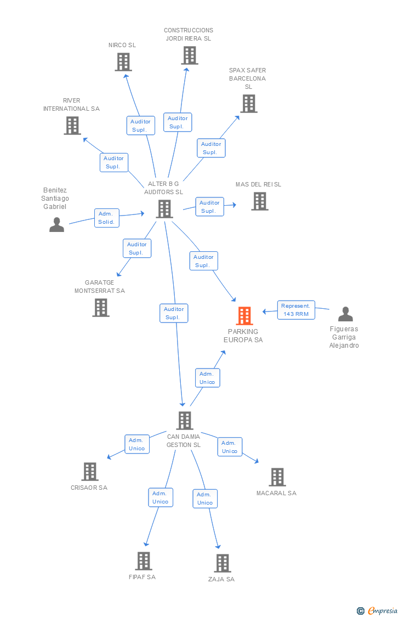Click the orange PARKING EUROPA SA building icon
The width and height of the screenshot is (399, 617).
pos(244,315)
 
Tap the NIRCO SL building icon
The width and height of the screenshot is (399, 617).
pos(123,62)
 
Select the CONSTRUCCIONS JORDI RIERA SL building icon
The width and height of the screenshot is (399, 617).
pos(190,55)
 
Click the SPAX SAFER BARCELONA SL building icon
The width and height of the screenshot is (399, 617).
pos(249,104)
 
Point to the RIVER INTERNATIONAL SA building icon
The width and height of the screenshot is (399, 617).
pos(72,126)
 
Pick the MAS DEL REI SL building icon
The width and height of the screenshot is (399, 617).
pos(260,201)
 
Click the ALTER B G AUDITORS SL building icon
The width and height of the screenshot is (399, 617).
pos(164,209)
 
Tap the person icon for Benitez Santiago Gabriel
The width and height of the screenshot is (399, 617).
pos(56,225)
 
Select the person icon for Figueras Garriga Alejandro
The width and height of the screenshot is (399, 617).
pos(345,314)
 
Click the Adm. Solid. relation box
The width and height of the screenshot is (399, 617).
pos(106,218)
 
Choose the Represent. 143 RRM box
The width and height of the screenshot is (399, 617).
pos(296,310)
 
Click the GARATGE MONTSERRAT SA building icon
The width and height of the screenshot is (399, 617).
pos(101,307)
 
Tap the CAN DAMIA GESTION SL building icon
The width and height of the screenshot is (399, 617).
pos(184,420)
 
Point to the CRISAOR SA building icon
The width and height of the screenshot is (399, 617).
pos(90,472)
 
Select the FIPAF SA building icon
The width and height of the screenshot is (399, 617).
pos(144,561)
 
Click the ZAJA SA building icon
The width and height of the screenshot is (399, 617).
pos(223,563)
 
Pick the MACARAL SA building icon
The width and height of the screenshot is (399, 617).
pos(277,477)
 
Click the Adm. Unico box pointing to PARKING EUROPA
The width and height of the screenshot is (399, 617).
pos(208,378)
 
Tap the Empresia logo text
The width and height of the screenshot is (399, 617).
pos(383,611)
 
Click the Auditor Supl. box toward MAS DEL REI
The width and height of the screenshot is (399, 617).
pos(209,207)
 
